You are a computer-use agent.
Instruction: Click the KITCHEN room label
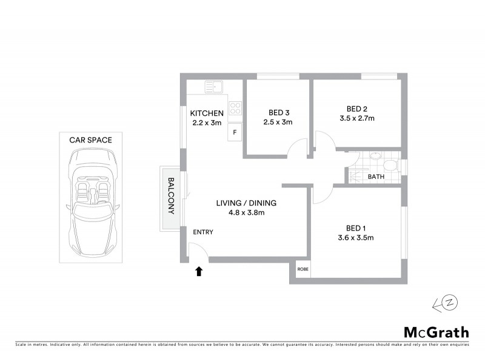pyautogui.click(x=207, y=113)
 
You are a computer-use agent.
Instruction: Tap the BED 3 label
pyautogui.click(x=278, y=112)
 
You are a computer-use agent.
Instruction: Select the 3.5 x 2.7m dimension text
pyautogui.click(x=356, y=119)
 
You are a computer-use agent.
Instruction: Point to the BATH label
pyautogui.click(x=376, y=177)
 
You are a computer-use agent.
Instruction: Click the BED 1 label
pyautogui.click(x=356, y=228)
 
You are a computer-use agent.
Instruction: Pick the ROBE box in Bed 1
pyautogui.click(x=301, y=269)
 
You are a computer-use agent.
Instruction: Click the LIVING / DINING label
pyautogui.click(x=246, y=203)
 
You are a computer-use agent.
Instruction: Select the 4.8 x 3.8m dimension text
pyautogui.click(x=246, y=212)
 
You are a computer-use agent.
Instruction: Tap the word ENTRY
pyautogui.click(x=203, y=232)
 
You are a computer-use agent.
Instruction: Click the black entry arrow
pyautogui.click(x=198, y=271)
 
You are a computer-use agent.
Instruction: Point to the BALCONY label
pyautogui.click(x=171, y=196)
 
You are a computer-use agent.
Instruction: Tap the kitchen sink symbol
pyautogui.click(x=213, y=87)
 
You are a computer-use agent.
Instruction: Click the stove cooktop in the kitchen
pyautogui.click(x=235, y=110)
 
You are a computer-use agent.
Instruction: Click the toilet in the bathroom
pyautogui.click(x=389, y=165)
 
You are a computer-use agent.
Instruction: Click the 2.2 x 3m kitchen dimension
pyautogui.click(x=207, y=123)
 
